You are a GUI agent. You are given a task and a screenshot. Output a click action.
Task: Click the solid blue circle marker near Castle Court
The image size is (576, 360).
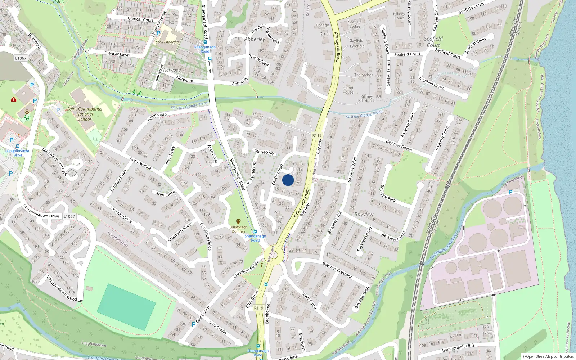(288, 180)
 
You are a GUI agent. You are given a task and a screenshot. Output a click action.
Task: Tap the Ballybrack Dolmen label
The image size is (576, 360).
(238, 229)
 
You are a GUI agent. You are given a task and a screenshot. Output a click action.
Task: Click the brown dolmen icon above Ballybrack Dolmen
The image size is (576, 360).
(238, 221)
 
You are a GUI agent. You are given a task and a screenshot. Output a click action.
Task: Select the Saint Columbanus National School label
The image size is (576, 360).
(85, 114)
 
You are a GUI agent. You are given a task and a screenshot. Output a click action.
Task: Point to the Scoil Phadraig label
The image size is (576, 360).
(167, 42)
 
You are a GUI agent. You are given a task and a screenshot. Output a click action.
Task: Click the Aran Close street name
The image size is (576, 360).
(165, 194)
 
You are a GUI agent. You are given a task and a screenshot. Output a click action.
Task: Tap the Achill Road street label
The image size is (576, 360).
(157, 117)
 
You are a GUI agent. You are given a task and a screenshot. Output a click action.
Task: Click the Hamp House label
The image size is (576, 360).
(348, 90)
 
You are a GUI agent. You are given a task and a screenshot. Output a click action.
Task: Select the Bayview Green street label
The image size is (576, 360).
(399, 145)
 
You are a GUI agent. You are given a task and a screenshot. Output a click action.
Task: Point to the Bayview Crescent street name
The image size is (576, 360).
(337, 270)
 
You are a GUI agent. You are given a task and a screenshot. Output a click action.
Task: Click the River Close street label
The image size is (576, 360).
(309, 301)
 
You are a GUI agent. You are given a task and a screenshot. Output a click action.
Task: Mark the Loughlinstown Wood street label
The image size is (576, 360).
(62, 288)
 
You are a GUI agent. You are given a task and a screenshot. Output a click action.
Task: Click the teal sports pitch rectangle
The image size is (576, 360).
(126, 307)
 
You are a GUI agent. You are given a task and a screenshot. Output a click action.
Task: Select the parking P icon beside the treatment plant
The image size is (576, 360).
(510, 193)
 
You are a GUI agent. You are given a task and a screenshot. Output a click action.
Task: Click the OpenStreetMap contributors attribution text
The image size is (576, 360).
(548, 357)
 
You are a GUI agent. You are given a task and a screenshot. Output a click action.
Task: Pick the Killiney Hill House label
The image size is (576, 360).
(367, 99)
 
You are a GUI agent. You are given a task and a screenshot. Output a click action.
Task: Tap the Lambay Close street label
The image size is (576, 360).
(121, 214)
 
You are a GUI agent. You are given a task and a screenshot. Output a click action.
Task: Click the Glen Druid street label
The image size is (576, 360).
(252, 299)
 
